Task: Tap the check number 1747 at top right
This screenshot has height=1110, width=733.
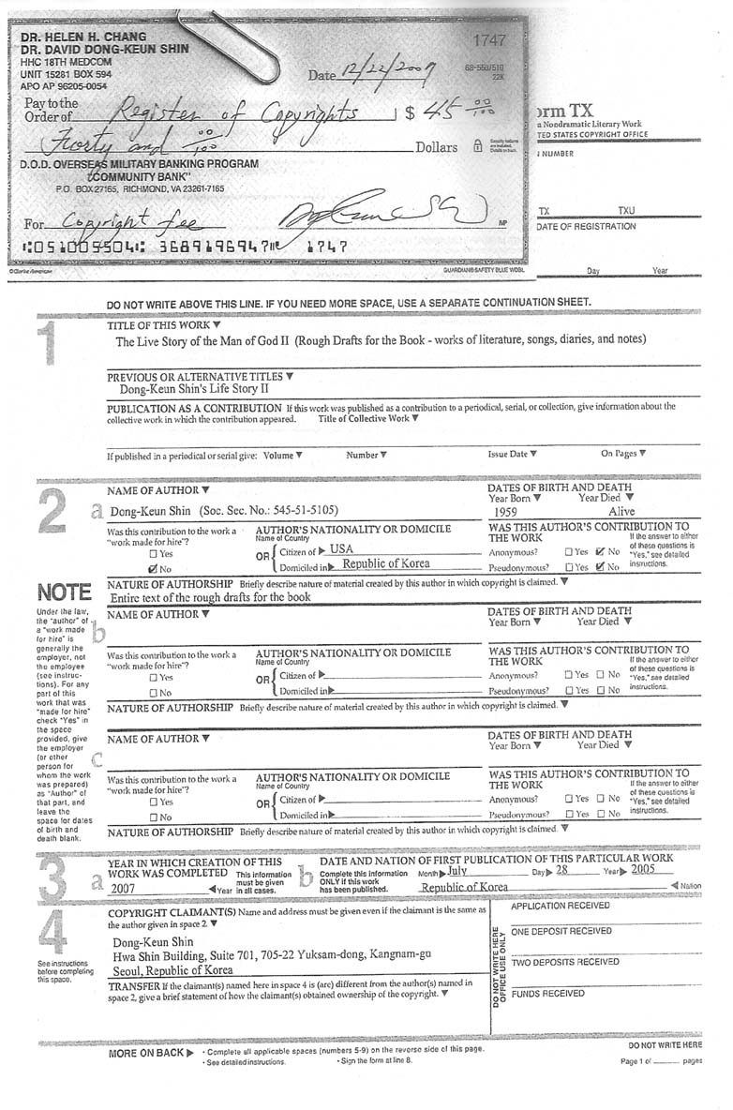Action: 487,40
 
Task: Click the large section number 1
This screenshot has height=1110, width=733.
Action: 52,343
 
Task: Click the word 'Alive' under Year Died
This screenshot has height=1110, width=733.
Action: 621,512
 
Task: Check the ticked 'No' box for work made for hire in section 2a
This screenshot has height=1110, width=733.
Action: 153,568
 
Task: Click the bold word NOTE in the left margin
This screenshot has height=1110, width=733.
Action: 63,592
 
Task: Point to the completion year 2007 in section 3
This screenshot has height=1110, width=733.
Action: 124,887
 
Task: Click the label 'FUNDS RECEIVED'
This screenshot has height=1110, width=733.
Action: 549,993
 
